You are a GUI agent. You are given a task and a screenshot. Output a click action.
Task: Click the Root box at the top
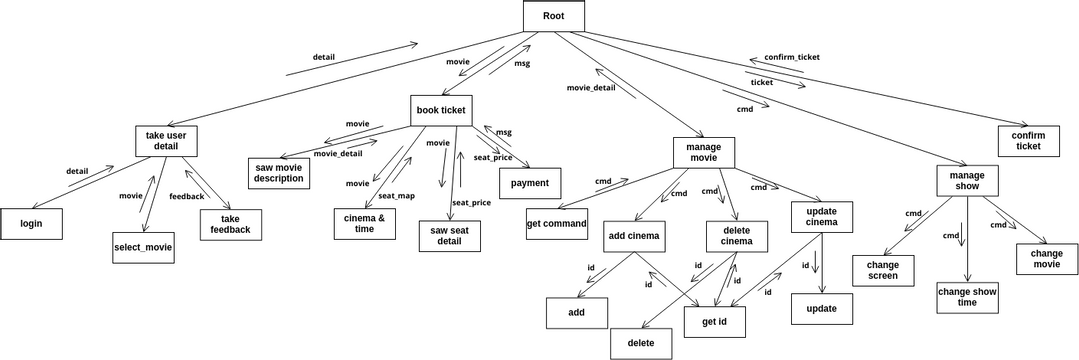[x=553, y=15]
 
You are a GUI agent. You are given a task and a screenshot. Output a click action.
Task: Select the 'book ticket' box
[x=440, y=110]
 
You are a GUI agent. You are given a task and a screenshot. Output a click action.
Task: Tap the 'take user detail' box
[x=166, y=140]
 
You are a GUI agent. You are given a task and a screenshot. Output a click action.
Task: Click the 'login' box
[x=31, y=224]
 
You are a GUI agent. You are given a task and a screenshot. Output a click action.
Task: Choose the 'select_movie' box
[x=143, y=247]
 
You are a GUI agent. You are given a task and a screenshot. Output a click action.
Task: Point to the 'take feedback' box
[x=230, y=224]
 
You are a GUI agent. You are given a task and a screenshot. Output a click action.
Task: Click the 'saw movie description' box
[x=278, y=173]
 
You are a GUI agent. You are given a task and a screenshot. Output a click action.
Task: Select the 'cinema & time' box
[x=364, y=223]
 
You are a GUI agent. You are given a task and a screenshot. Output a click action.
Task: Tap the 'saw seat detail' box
[x=449, y=236]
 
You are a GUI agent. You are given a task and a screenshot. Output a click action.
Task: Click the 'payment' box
[x=530, y=183]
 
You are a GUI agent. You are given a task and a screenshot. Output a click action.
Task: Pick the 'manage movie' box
[x=703, y=152]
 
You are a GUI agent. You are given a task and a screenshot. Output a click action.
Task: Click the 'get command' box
[x=557, y=223]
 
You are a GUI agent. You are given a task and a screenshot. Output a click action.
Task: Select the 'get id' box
[x=715, y=321]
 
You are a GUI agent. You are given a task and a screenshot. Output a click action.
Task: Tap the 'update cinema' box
[x=821, y=216]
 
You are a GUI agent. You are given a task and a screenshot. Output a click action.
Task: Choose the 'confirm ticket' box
[x=1028, y=140]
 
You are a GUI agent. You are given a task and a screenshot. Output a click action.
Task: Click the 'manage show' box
[x=967, y=181]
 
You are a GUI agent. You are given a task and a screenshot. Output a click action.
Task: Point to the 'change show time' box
[x=967, y=297]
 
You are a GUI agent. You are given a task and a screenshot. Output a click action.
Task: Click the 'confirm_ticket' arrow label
[x=791, y=57]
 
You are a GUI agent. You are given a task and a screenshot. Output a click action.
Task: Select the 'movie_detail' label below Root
[x=591, y=88]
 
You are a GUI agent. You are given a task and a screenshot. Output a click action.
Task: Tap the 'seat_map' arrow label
[x=396, y=195]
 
